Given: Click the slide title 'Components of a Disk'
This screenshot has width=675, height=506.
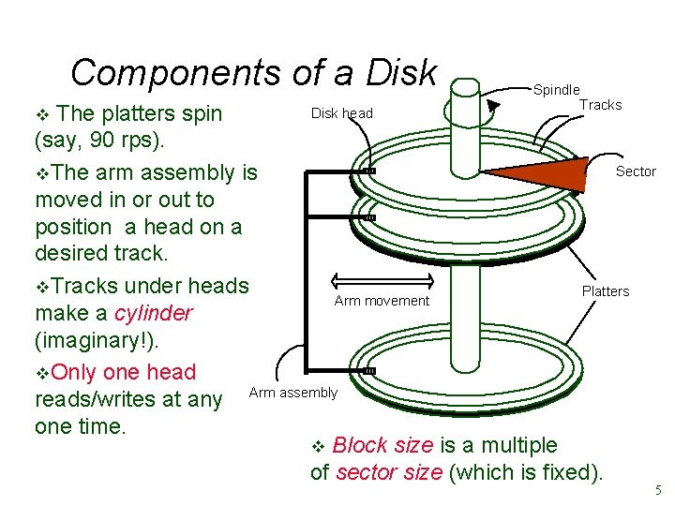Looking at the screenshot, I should (253, 72).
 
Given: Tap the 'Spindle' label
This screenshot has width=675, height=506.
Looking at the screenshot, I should (556, 90).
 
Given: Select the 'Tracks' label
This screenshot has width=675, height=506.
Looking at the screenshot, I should (600, 105).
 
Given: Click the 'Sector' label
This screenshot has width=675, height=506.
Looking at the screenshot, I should (636, 171).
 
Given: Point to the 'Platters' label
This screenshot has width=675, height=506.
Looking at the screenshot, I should (606, 291).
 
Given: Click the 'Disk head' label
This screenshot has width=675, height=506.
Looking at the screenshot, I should (341, 113).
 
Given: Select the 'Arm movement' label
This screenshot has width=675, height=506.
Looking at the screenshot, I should (382, 301).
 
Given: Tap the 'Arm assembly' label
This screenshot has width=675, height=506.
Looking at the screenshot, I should (292, 393).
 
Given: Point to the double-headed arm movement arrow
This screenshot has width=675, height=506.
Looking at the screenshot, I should (382, 280).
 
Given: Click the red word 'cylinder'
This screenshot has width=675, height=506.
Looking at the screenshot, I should (153, 313).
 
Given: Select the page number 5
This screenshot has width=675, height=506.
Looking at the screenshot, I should (659, 489).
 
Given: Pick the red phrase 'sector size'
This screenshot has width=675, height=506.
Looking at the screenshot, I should (390, 472).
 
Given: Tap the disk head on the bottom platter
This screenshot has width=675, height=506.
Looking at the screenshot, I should (368, 371).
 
